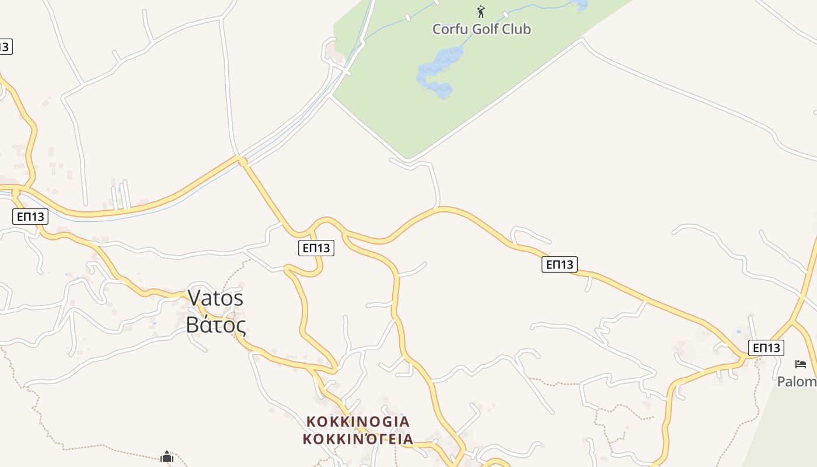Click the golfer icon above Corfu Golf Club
pyautogui.click(x=481, y=12)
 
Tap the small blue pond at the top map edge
pyautogui.click(x=581, y=5)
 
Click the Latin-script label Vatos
pyautogui.click(x=215, y=298)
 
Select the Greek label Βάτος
pyautogui.click(x=215, y=325)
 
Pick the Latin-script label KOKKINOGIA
pyautogui.click(x=358, y=421)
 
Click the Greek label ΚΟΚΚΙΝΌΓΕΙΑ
pyautogui.click(x=358, y=439)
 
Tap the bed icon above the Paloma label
pyautogui.click(x=801, y=364)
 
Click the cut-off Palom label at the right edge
pyautogui.click(x=797, y=382)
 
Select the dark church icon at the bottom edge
pyautogui.click(x=167, y=456)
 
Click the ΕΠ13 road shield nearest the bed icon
pyautogui.click(x=766, y=348)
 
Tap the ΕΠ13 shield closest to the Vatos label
pyautogui.click(x=316, y=248)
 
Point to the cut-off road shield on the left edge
pyautogui.click(x=5, y=47)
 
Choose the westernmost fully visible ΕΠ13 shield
pyautogui.click(x=30, y=217)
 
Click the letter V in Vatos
pyautogui.click(x=194, y=298)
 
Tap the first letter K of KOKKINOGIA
pyautogui.click(x=311, y=421)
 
